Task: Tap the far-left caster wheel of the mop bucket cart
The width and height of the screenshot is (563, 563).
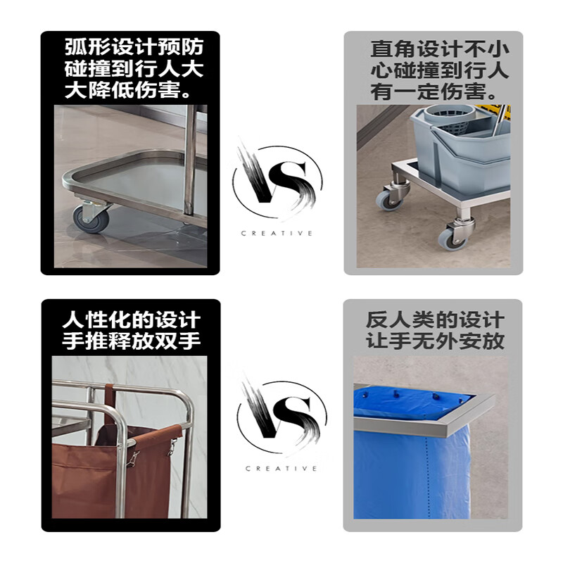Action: [x=388, y=198]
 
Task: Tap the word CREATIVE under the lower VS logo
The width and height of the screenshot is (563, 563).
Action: [x=281, y=468]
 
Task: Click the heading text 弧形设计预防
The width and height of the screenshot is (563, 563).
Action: [x=134, y=48]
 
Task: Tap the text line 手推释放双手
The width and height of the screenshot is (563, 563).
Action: [x=132, y=341]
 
